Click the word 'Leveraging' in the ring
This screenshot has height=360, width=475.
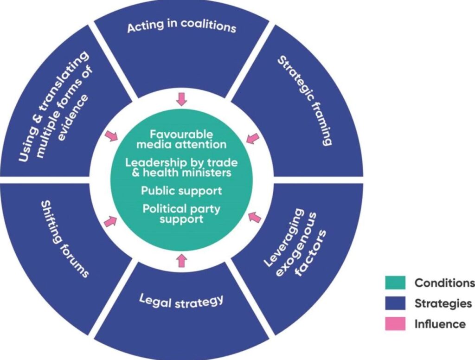click(284, 238)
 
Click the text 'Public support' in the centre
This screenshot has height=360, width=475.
click(181, 191)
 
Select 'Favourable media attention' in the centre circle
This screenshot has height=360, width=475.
click(181, 139)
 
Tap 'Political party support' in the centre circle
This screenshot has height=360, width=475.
click(181, 213)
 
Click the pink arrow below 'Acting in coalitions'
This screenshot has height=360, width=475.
click(181, 99)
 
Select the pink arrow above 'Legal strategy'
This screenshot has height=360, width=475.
click(181, 260)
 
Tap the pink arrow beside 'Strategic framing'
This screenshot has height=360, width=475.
click(252, 138)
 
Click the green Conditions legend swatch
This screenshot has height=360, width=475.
click(395, 283)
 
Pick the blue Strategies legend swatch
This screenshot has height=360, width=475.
click(395, 303)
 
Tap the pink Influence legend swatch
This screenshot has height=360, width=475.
click(395, 324)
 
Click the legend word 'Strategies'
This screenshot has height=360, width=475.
click(443, 303)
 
